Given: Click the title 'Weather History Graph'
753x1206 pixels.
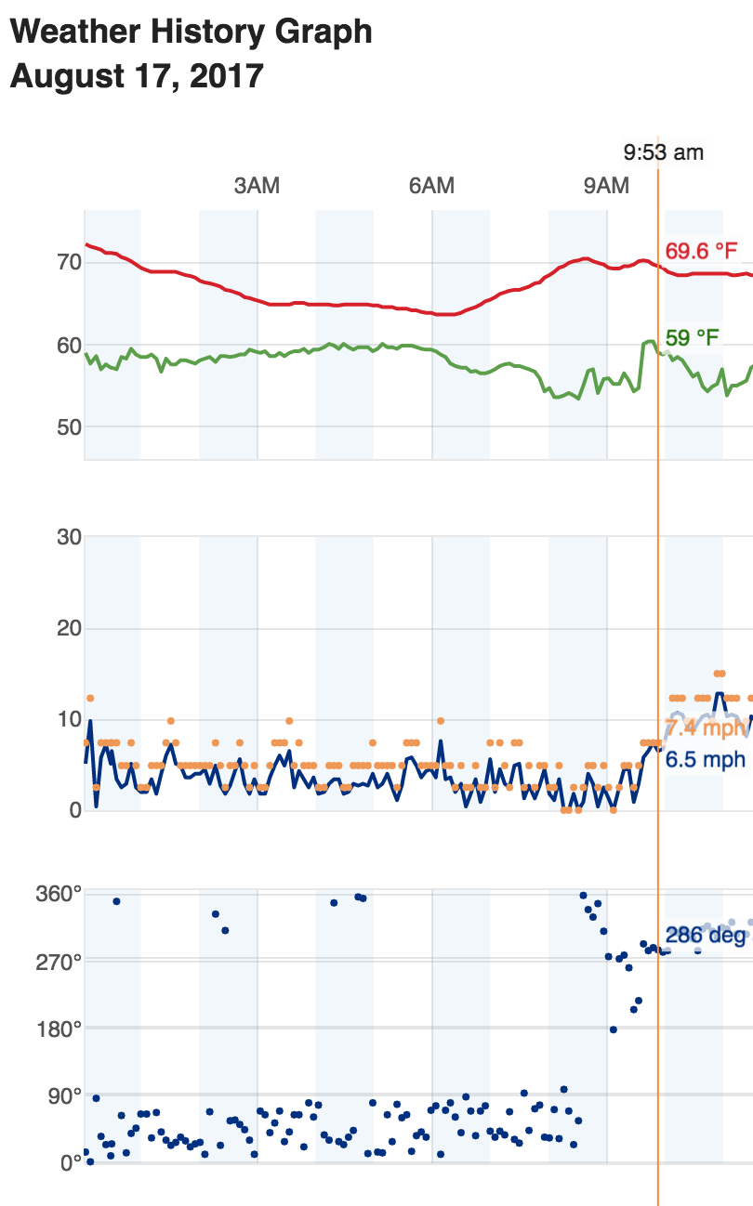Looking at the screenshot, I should click(191, 33).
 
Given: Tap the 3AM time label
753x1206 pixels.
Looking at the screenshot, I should click(257, 186).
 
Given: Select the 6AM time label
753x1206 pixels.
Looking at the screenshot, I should click(431, 186).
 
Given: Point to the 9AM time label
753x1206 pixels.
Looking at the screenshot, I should click(606, 186).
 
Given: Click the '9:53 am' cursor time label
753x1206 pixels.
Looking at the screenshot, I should click(664, 152).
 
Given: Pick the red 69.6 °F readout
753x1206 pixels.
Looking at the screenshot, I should click(702, 251).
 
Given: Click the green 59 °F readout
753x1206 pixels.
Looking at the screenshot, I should click(693, 337).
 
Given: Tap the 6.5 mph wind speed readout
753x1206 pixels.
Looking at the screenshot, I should click(707, 760).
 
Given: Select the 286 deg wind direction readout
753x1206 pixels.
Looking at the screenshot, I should click(706, 935).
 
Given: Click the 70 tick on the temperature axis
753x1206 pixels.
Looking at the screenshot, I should click(70, 262).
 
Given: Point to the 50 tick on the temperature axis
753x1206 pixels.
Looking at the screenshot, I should click(70, 427).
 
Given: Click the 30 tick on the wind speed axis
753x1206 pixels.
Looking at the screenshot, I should click(70, 537).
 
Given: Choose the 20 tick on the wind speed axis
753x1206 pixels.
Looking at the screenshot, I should click(70, 628).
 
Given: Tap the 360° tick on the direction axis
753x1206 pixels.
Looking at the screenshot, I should click(59, 895).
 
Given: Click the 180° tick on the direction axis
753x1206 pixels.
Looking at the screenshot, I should click(59, 1028).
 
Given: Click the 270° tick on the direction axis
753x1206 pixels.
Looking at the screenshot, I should click(59, 961).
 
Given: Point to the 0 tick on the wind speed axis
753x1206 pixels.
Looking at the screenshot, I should click(75, 810).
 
